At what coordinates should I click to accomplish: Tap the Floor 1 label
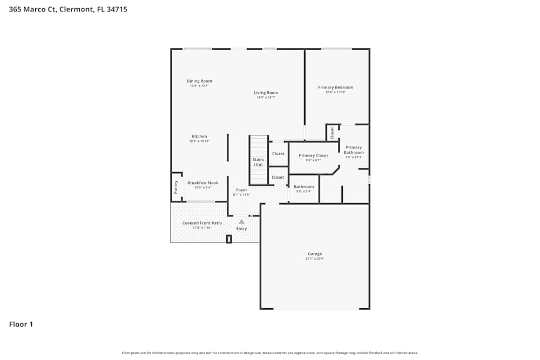(x=21, y=324)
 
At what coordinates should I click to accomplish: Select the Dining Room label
(x=199, y=81)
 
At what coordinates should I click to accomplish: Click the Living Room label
(x=266, y=93)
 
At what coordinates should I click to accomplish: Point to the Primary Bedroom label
(x=335, y=87)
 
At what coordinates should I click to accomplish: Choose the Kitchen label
(x=199, y=137)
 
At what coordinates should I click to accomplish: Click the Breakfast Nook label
(x=202, y=183)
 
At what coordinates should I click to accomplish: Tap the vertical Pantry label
(x=176, y=187)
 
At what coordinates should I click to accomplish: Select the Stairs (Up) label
(x=258, y=162)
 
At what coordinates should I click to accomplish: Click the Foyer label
(x=241, y=190)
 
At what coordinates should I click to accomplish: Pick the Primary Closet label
(x=313, y=155)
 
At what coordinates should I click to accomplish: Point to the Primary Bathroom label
(x=354, y=150)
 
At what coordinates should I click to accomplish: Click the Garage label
(x=315, y=254)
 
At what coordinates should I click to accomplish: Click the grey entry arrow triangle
(x=241, y=221)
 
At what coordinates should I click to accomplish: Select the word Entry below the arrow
(x=241, y=228)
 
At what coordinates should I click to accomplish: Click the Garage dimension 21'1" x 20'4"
(x=315, y=259)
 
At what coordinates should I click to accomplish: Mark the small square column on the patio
(x=229, y=239)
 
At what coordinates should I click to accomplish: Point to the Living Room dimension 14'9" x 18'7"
(x=266, y=97)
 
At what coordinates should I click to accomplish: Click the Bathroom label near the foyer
(x=303, y=187)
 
